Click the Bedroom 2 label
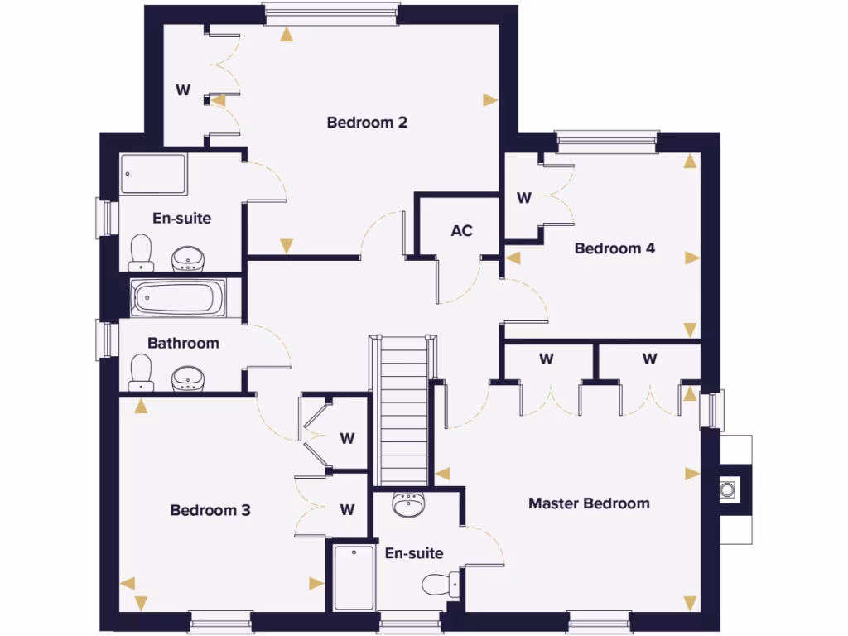(367, 123)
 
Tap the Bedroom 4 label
(614, 248)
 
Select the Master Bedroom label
(589, 503)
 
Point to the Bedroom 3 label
(210, 510)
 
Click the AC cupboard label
(461, 230)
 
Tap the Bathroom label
(183, 343)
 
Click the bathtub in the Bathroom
(179, 297)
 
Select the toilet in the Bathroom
(142, 373)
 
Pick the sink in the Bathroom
(188, 380)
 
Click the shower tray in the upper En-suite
(154, 174)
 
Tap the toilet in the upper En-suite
(142, 252)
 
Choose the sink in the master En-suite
(408, 504)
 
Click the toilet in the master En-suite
(441, 585)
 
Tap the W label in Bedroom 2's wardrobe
(183, 90)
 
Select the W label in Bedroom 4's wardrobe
(523, 198)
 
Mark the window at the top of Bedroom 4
(607, 141)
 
